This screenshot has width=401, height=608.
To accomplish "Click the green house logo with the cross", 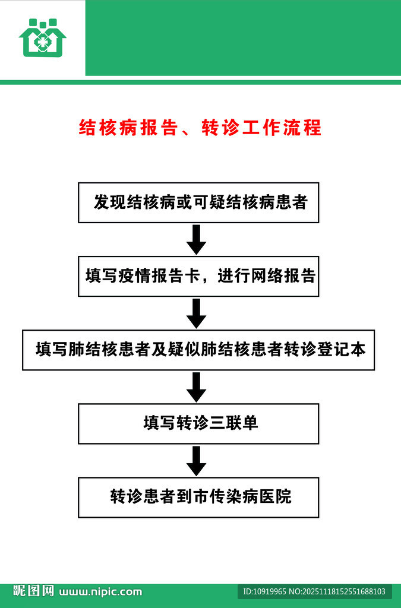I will [42, 37].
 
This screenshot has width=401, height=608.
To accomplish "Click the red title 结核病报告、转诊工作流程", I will [200, 128].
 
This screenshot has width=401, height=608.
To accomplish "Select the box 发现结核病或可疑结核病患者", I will [198, 202].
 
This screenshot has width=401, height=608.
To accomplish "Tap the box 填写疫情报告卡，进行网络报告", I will [198, 276].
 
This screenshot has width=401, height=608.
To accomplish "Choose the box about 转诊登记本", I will [198, 350].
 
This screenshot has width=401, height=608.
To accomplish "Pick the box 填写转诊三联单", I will [198, 423].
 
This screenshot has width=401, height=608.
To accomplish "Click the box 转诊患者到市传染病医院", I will [198, 497].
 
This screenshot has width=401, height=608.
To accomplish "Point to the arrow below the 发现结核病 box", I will [196, 239].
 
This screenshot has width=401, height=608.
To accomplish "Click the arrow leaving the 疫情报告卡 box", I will [196, 313].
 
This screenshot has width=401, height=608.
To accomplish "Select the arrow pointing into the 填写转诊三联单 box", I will [196, 387].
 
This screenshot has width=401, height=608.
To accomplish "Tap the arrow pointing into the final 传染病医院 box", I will [196, 460].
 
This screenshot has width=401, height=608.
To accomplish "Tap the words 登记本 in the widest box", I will [344, 350].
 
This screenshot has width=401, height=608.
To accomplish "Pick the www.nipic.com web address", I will [101, 591].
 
